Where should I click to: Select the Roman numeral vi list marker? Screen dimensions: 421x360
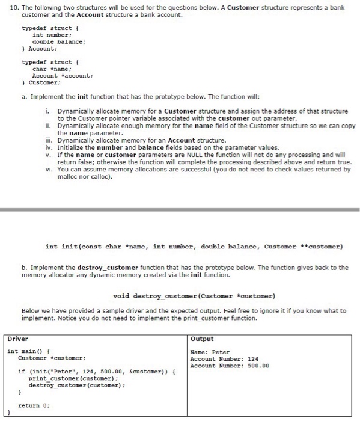coord(49,170)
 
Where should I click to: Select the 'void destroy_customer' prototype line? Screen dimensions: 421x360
coord(194,296)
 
